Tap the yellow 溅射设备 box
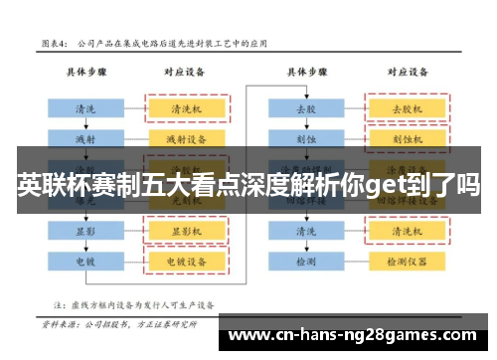187,138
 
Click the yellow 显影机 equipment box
187,231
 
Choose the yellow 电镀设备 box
187,261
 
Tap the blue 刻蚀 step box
305,138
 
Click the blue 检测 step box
305,261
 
